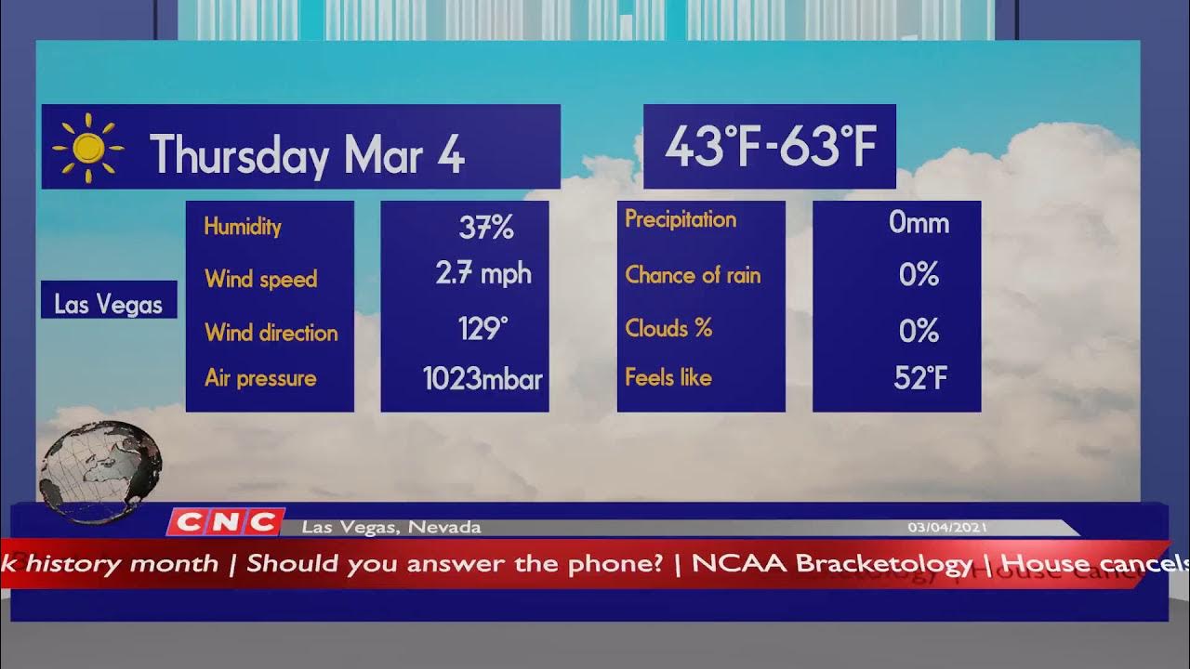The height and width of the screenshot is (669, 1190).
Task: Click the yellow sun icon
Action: pos(88,148)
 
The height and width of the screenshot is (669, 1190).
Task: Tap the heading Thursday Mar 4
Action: pos(307,153)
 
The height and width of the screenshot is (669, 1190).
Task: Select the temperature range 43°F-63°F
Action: pos(770,147)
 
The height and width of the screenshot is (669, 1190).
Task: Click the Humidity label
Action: pos(243,226)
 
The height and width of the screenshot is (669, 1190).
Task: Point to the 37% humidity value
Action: pos(485,227)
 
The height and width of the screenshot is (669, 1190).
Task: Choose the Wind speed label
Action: pos(261,279)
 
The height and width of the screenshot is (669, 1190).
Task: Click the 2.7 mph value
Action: pos(483,273)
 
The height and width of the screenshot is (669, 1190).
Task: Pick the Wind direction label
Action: pos(271,333)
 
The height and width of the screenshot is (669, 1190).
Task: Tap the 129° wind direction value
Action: pos(483,328)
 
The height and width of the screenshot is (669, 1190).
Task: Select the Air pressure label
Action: pos(260,378)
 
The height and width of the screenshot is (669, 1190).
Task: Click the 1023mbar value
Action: pos(483,378)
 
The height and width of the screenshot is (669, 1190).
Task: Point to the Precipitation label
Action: pos(681,219)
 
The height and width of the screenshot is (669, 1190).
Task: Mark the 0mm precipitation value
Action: pos(919,222)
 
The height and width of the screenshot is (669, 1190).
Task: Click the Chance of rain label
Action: pos(693,275)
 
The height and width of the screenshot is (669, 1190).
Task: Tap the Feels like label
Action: pos(668,377)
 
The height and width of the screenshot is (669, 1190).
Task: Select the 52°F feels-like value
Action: pos(920,377)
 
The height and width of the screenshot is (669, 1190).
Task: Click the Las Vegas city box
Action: pos(109,304)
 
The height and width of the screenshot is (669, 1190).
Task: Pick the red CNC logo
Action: pos(226,522)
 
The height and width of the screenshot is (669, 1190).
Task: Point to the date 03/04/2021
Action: pos(947,528)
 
